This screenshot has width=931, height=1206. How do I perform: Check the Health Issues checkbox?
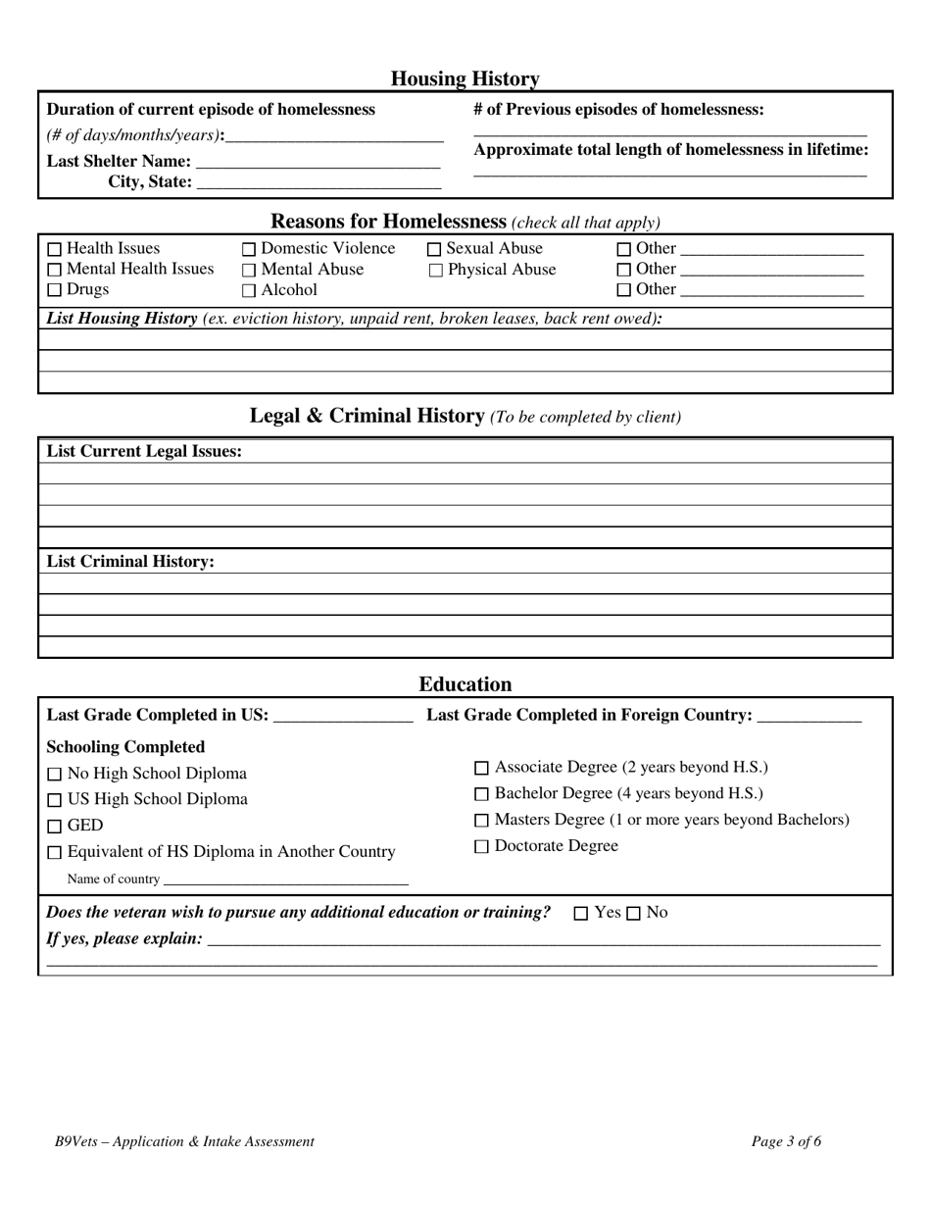tap(55, 250)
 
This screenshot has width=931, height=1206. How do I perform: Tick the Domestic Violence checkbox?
tap(249, 250)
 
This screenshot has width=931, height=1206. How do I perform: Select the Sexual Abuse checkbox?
tap(435, 250)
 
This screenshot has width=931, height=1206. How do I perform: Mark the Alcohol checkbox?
tap(249, 291)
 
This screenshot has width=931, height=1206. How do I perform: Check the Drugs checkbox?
tap(55, 290)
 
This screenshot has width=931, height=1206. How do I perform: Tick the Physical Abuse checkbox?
tap(436, 271)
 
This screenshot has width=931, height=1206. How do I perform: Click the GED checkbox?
tap(55, 827)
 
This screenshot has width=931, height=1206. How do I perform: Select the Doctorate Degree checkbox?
tap(481, 847)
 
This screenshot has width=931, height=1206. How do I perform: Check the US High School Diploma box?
tap(55, 800)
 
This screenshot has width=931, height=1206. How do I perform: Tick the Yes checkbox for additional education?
tap(581, 914)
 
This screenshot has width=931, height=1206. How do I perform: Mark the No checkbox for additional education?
tap(633, 914)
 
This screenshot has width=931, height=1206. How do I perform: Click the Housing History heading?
tap(465, 78)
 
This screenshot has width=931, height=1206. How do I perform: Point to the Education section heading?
tap(465, 684)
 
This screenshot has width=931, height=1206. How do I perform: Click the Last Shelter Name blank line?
tap(318, 163)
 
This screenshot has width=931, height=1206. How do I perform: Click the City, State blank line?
tap(318, 183)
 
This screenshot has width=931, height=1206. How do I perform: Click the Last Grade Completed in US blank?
tap(343, 717)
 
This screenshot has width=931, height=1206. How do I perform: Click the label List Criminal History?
tap(130, 562)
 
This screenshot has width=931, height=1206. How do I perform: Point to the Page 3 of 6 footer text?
tap(786, 1141)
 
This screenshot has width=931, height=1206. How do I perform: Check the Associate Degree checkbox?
tap(481, 769)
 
